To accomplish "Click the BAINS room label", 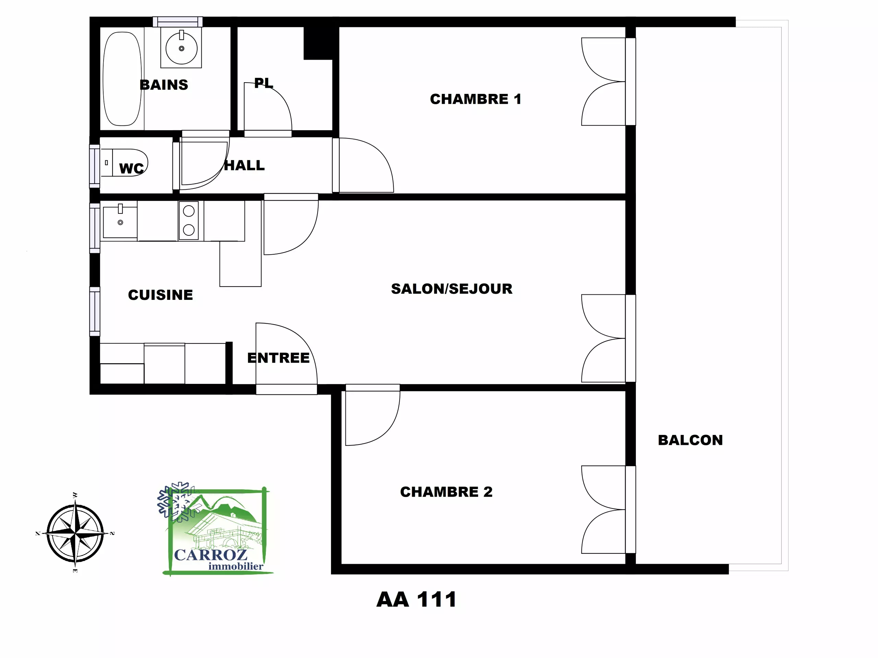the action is pyautogui.click(x=164, y=85).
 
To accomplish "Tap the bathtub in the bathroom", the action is pyautogui.click(x=122, y=78).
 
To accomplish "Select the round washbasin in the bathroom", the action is pyautogui.click(x=181, y=48).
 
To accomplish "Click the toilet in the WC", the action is pyautogui.click(x=124, y=163).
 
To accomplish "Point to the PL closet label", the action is pyautogui.click(x=263, y=83).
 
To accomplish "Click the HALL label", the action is pyautogui.click(x=245, y=166).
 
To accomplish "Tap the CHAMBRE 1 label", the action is pyautogui.click(x=475, y=99).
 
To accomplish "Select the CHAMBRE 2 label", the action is pyautogui.click(x=446, y=492).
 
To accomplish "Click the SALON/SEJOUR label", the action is pyautogui.click(x=452, y=289).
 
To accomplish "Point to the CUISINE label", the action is pyautogui.click(x=161, y=295).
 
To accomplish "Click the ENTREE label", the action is pyautogui.click(x=278, y=358).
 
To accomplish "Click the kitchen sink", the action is pyautogui.click(x=120, y=222).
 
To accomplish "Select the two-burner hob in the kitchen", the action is pyautogui.click(x=189, y=220).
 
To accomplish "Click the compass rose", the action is pyautogui.click(x=75, y=533).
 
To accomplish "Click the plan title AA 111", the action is pyautogui.click(x=416, y=599).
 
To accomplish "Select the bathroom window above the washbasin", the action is pyautogui.click(x=178, y=22).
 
